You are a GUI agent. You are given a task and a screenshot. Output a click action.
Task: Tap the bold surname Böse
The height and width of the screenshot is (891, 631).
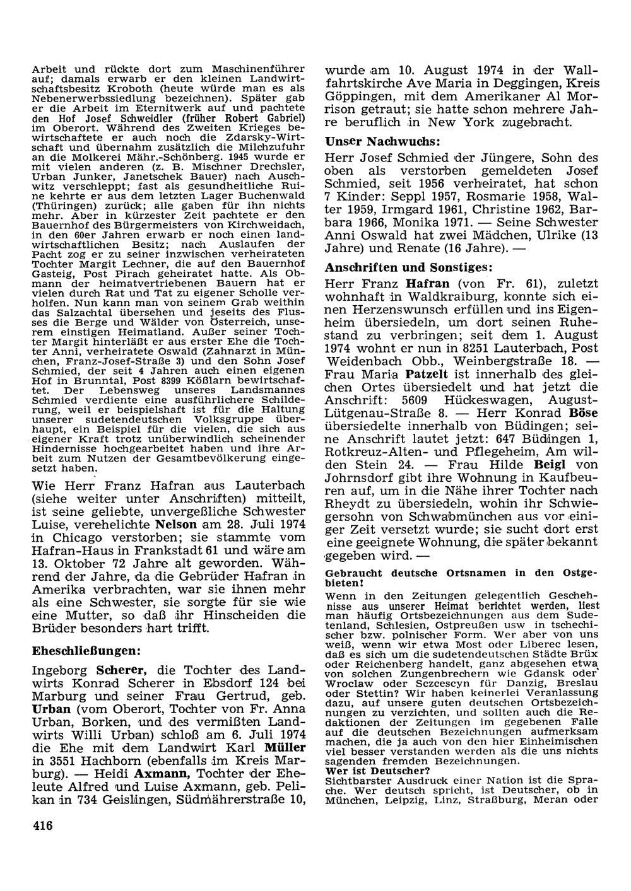(583, 412)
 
